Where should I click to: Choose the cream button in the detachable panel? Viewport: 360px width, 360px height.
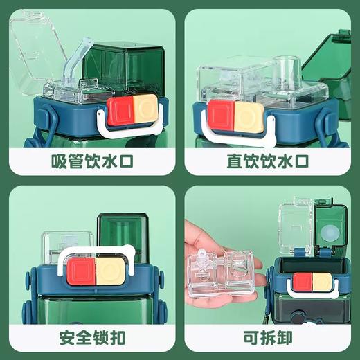coord(322,281)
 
